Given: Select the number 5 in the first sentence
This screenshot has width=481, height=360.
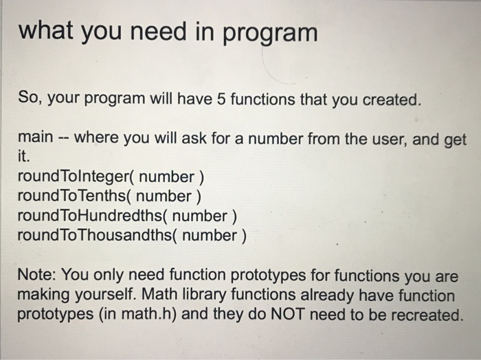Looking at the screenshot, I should [x=221, y=100].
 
